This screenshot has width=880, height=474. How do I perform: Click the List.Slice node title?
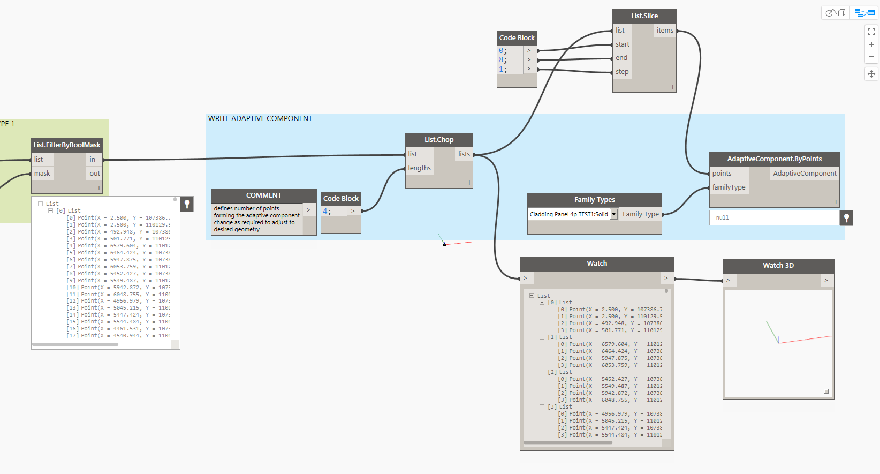[x=644, y=16]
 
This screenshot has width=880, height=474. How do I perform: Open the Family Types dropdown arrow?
[x=614, y=214]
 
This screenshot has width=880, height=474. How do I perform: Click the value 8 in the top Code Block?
[x=502, y=60]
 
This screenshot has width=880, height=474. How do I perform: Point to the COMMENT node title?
[x=263, y=195]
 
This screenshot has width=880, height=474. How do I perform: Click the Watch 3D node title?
[x=778, y=266]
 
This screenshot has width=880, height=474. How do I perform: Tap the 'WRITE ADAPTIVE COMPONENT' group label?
[x=260, y=119]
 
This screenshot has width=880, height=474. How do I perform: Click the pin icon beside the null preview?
[x=846, y=218]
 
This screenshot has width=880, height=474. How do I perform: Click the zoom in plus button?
[x=871, y=44]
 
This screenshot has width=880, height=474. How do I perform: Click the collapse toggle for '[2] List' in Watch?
[x=542, y=372]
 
